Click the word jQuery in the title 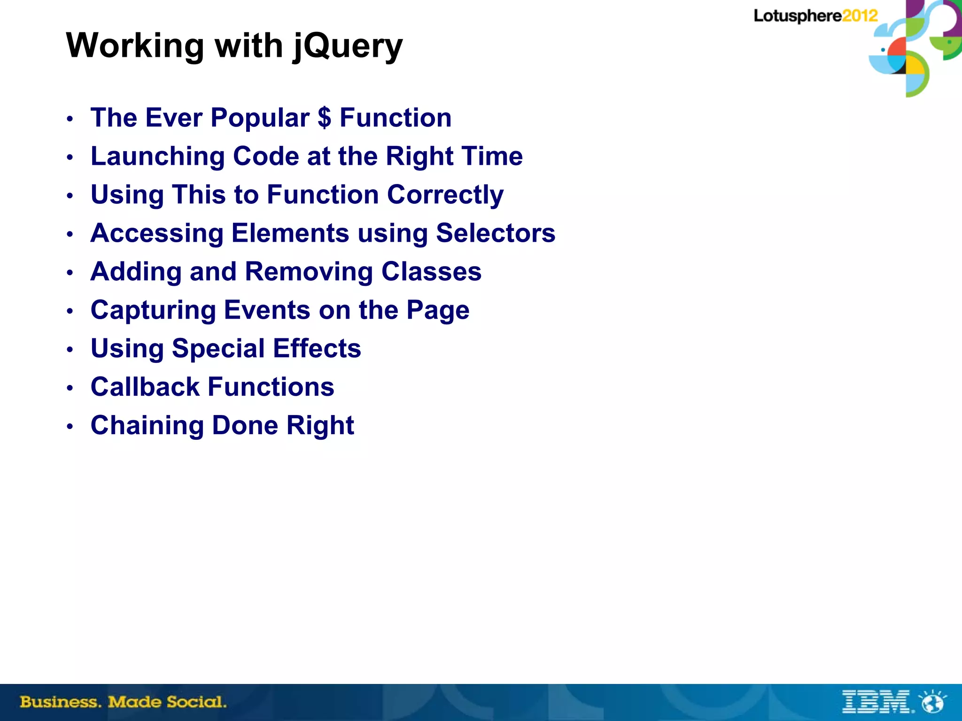(348, 46)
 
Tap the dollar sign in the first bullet (324, 118)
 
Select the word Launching (158, 156)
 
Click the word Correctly (445, 195)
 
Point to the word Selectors (496, 233)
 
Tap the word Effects (317, 349)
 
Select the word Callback (145, 387)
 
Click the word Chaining (147, 426)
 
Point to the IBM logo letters (877, 702)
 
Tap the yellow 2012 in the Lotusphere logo (860, 16)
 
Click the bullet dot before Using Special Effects (70, 350)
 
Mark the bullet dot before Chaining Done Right (70, 427)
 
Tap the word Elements (290, 233)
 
